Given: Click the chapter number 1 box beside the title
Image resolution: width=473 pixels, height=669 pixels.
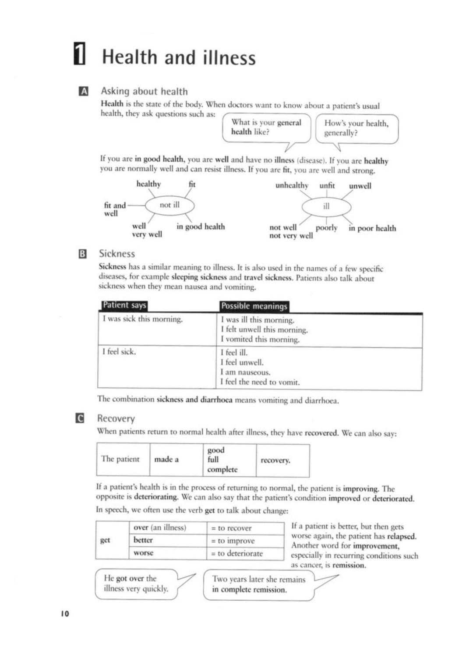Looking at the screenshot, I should [79, 54].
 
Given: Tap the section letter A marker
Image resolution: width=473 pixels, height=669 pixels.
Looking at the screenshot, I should [83, 91].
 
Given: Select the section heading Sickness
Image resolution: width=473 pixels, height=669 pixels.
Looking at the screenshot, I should [117, 254].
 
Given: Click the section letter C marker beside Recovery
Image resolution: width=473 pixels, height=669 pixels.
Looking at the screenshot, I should [80, 418].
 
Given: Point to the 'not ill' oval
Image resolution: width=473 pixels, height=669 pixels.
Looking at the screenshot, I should [169, 205].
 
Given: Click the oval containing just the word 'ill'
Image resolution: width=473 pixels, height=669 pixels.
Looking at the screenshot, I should [326, 206].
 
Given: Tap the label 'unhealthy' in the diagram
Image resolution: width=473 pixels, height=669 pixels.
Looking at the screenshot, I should [292, 185].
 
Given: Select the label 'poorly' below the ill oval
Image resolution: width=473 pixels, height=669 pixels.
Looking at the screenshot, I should [326, 228].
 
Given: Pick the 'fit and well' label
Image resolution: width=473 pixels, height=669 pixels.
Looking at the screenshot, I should [114, 209].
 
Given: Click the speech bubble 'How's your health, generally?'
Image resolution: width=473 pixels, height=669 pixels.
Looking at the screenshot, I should [356, 128].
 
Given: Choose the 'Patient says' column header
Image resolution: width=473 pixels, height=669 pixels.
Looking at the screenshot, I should [124, 305].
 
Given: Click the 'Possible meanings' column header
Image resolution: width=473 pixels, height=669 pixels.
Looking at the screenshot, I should [254, 306].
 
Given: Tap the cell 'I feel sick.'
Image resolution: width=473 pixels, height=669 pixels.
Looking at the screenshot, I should [119, 351].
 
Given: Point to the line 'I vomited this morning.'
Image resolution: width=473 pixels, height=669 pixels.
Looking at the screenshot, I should [260, 339].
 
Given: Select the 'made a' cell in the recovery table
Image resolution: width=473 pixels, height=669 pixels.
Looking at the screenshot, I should [166, 460].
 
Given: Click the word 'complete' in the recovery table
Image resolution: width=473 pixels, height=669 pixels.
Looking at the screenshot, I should [222, 469].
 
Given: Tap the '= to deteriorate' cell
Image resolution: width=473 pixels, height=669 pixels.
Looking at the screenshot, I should [240, 553].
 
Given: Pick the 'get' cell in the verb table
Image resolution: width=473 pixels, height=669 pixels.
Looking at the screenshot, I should [105, 540].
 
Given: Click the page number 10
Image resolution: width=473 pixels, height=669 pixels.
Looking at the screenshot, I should [65, 614].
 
